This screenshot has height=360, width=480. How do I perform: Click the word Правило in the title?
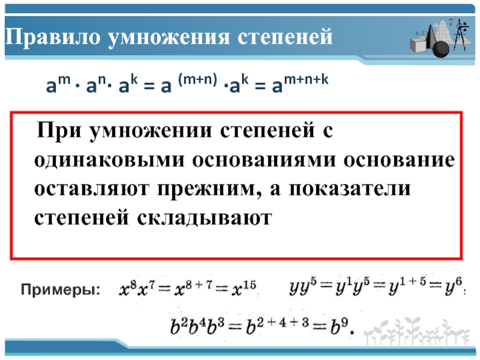pos(53,37)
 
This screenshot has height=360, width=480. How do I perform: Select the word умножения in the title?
pos(169,37)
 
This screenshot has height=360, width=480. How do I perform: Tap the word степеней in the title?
pos(285,37)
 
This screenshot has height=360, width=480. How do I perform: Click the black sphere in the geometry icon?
pos(440,49)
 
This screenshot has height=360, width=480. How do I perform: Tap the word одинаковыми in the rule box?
pos(109,160)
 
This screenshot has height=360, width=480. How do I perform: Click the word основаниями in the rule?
pos(264,160)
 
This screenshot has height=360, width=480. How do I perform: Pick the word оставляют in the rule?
pos(92,189)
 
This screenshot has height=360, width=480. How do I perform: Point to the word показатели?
pos(350,189)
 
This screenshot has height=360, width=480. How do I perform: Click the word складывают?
pos(204,218)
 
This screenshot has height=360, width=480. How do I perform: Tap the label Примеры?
pos(61,289)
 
